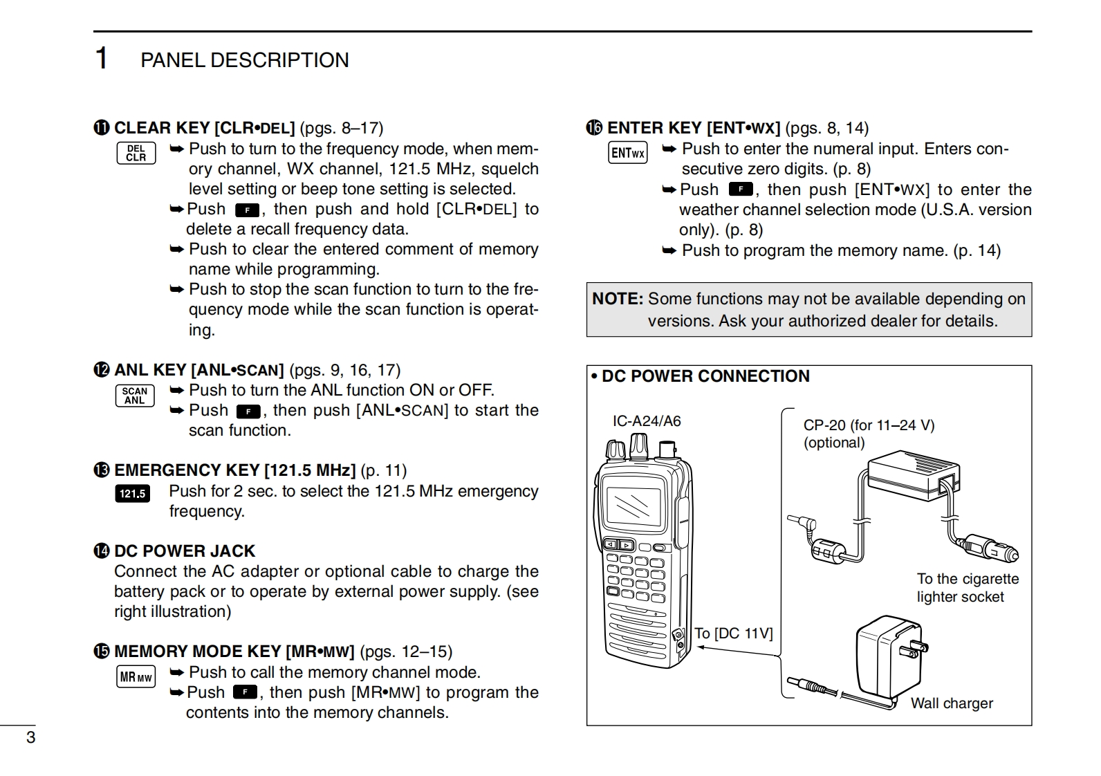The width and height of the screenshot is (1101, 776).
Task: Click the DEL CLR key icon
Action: tap(136, 153)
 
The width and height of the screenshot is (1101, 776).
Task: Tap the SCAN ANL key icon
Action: tap(135, 396)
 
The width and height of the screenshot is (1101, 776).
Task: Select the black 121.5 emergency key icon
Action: tap(132, 493)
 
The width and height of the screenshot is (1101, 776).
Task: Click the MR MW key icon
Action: tap(136, 677)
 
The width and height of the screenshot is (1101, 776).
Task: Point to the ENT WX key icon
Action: tap(627, 153)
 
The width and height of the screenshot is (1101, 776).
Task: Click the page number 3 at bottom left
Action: tap(30, 737)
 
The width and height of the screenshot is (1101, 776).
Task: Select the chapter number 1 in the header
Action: tap(102, 59)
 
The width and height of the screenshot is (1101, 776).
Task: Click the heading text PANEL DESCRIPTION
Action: tap(245, 60)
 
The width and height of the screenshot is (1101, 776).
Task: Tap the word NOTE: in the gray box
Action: tap(618, 299)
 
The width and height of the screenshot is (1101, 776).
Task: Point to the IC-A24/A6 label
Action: tap(647, 421)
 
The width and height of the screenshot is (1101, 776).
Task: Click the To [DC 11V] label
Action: tap(733, 633)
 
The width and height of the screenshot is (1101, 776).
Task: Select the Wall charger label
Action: tap(952, 703)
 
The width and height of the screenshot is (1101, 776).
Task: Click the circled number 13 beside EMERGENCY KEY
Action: tap(102, 470)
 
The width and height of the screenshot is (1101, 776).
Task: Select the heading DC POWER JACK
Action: tap(185, 551)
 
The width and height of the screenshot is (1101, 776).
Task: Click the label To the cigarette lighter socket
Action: tap(968, 588)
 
